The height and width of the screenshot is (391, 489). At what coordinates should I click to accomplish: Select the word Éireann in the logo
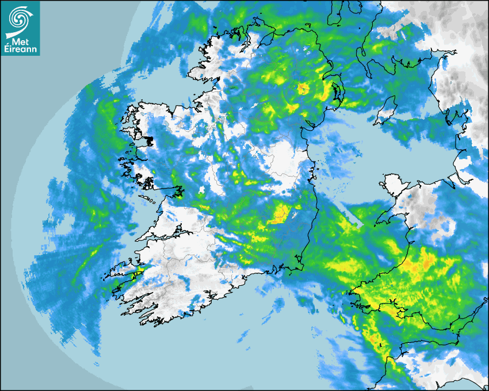pyautogui.click(x=20, y=50)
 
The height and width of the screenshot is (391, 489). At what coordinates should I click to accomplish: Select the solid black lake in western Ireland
pyautogui.click(x=148, y=140)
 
